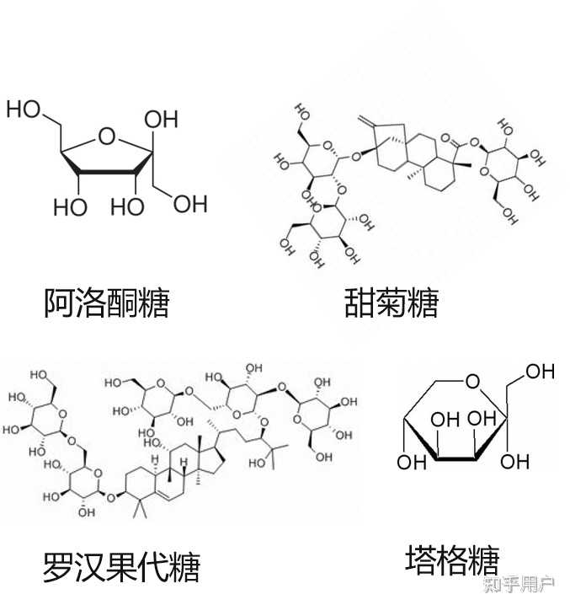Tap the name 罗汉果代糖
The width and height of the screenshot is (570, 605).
pyautogui.click(x=121, y=567)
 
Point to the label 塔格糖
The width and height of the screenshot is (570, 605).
pyautogui.click(x=452, y=560)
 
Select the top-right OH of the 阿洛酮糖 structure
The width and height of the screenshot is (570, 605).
pyautogui.click(x=160, y=118)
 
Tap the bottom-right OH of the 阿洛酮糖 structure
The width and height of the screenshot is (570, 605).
pyautogui.click(x=189, y=203)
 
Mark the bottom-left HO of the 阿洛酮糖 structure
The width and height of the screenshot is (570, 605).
pyautogui.click(x=70, y=206)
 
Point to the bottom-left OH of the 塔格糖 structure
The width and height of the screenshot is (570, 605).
pyautogui.click(x=411, y=462)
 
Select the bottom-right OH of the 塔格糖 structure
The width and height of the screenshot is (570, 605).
pyautogui.click(x=514, y=462)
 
